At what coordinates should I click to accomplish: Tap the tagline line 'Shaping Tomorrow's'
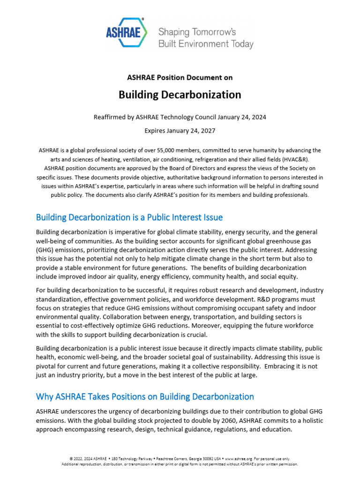click(x=197, y=32)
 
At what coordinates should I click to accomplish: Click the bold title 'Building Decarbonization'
click(x=180, y=95)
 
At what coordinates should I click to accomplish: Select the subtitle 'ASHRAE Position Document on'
click(x=180, y=77)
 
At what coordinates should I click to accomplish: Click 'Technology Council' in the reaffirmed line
click(x=200, y=116)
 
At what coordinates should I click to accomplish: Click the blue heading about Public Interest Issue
click(x=129, y=217)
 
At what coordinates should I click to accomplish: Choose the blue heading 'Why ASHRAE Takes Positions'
click(x=145, y=397)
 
